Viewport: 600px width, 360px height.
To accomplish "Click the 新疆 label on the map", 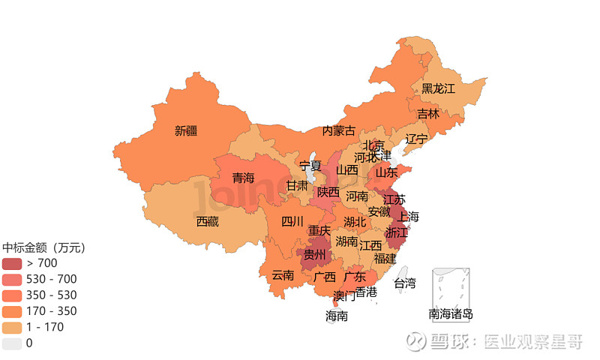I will click(x=186, y=130).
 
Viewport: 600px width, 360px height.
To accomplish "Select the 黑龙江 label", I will click(x=438, y=88).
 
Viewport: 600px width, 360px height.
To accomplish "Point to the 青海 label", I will click(x=243, y=178).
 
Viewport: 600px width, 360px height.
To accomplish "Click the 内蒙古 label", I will click(x=339, y=130).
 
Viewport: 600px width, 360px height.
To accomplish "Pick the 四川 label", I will click(x=292, y=221).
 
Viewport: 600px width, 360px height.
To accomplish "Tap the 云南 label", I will click(x=283, y=274).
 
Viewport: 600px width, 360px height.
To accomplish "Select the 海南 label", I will click(x=337, y=316).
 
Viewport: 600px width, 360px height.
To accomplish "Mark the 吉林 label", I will click(x=428, y=114).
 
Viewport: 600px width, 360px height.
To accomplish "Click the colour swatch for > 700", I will click(x=12, y=263).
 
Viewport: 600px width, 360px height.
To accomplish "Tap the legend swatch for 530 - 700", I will click(x=12, y=279).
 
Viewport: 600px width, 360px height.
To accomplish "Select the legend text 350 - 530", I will click(x=52, y=295).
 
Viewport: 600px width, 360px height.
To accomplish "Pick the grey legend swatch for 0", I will click(x=12, y=343).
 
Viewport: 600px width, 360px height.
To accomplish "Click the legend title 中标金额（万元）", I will click(x=45, y=247).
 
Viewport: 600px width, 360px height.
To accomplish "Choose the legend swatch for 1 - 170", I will click(x=12, y=327).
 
